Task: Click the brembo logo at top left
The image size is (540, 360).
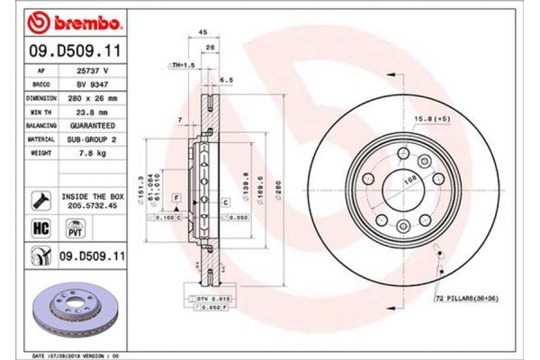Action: point(64,20)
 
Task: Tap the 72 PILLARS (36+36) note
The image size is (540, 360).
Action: point(465,296)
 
